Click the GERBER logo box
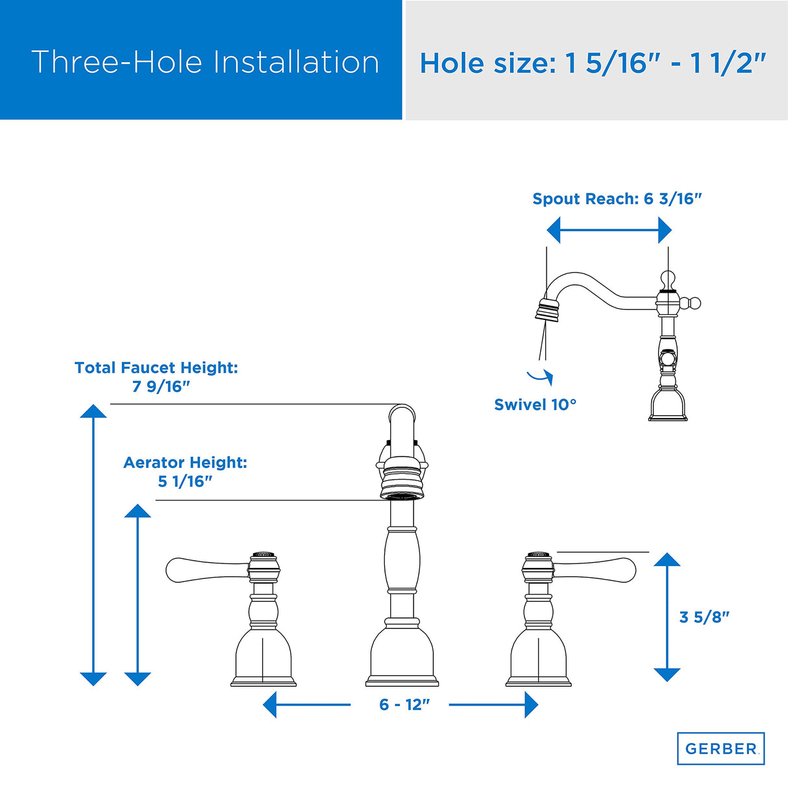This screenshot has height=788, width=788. click(x=720, y=748)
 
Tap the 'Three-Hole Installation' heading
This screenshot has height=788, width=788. click(x=205, y=62)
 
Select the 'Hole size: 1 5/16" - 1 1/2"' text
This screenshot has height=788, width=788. click(x=593, y=64)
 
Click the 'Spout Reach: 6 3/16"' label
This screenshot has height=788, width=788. click(x=617, y=199)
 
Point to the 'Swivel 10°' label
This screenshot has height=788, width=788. click(x=536, y=405)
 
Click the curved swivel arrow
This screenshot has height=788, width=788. click(x=541, y=377)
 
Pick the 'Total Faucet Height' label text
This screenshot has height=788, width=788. click(x=156, y=367)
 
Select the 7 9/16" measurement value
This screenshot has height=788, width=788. click(x=161, y=386)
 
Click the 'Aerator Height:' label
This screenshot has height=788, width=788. click(x=185, y=463)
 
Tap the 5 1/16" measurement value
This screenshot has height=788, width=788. click(x=185, y=482)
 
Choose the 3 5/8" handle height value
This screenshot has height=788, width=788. click(x=704, y=617)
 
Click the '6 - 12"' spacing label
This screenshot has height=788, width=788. click(x=404, y=704)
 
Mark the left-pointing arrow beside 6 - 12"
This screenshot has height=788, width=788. click(x=306, y=704)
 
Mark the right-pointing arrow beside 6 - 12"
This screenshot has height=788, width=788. click(x=493, y=704)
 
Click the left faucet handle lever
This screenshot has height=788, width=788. click(x=207, y=570)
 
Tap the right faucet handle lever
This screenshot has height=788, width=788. click(x=595, y=570)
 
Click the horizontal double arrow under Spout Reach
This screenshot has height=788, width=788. click(x=609, y=230)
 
